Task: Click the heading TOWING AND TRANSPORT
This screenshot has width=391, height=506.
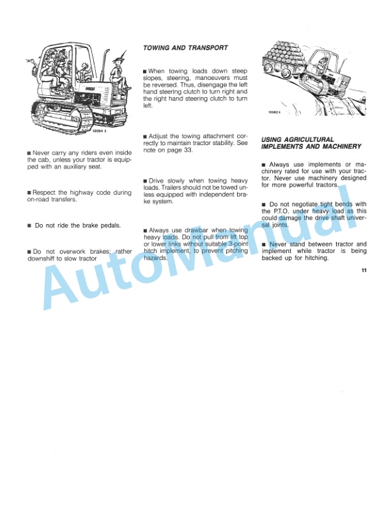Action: point(185,48)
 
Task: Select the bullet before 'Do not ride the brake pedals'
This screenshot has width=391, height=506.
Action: point(29,226)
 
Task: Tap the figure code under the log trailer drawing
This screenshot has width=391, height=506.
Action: point(275,112)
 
